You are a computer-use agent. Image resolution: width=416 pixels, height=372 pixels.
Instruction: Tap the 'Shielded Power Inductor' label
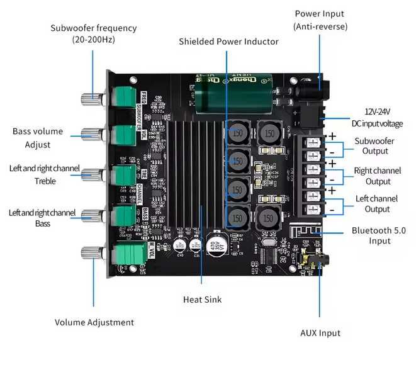pos(228,42)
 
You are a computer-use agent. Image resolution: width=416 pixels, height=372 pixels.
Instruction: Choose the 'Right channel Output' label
pos(378,176)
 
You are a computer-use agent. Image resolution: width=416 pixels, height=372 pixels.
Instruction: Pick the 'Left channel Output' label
pos(378,204)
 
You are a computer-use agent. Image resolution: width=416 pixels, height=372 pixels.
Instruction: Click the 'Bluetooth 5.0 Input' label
pos(379,236)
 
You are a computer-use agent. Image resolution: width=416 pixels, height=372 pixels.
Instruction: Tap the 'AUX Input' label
pos(320,333)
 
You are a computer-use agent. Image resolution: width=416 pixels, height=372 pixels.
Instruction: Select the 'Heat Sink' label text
pos(202,300)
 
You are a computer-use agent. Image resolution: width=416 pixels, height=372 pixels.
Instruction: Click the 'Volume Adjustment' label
pos(94,322)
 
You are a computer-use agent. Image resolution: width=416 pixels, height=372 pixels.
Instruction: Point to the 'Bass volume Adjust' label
pos(37,138)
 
